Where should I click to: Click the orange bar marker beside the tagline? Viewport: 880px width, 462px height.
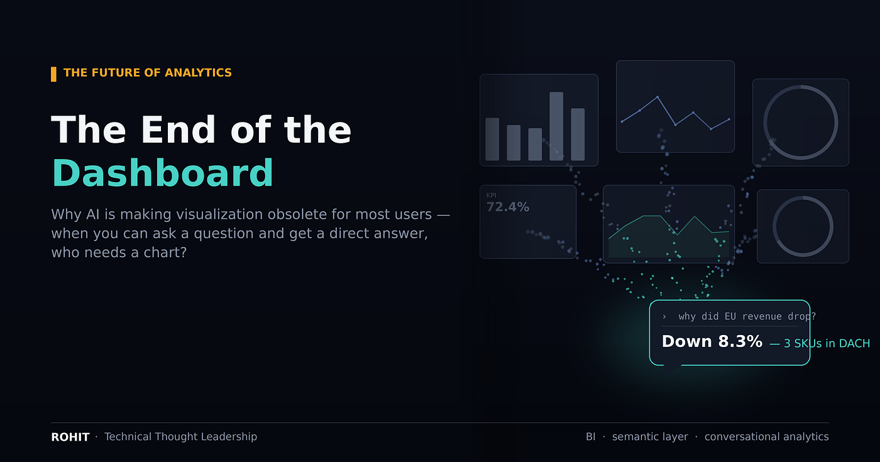tap(53, 74)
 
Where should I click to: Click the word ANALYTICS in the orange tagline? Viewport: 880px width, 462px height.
tap(198, 73)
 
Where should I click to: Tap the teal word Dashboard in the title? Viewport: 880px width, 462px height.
tap(162, 173)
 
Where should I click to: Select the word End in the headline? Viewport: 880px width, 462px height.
tap(178, 129)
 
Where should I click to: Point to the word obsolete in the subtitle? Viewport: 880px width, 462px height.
tap(290, 214)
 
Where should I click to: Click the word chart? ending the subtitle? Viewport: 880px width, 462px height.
tap(165, 253)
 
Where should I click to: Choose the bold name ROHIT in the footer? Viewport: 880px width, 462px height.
tap(70, 437)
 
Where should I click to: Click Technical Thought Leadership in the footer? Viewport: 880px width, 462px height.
tap(181, 436)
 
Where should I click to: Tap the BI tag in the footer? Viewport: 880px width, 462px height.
tap(590, 437)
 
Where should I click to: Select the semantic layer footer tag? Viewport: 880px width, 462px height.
tap(650, 437)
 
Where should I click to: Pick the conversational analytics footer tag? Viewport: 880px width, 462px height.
tap(766, 437)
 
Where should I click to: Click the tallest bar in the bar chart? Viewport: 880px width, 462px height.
tap(556, 126)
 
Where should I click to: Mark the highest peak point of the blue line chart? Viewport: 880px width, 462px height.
tap(657, 97)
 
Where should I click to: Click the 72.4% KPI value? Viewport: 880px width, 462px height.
tap(508, 207)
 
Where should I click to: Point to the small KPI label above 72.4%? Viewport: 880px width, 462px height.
tap(491, 195)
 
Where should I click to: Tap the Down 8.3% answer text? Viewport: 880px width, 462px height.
tap(712, 341)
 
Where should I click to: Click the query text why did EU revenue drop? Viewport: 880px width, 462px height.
tap(747, 317)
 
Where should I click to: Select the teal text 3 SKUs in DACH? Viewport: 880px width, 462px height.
tap(827, 343)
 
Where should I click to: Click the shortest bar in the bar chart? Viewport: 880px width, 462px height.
tap(535, 144)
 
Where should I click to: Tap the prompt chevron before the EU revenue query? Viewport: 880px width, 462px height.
tap(664, 317)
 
